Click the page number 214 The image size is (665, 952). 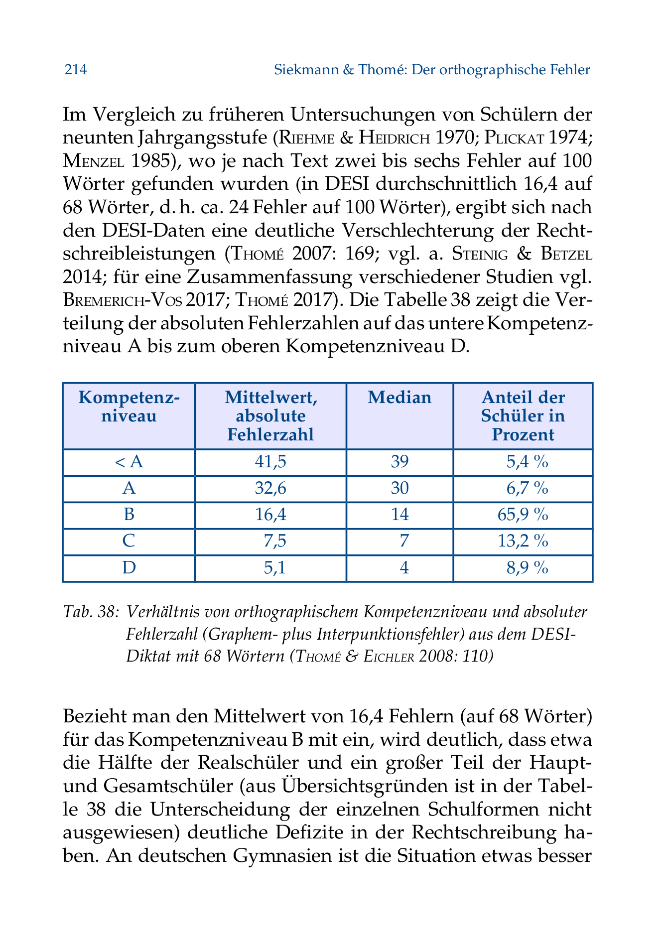pyautogui.click(x=76, y=70)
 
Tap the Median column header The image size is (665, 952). pyautogui.click(x=399, y=398)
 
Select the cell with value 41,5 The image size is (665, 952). pyautogui.click(x=270, y=462)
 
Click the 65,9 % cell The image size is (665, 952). pyautogui.click(x=523, y=515)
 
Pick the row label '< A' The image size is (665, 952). pyautogui.click(x=129, y=462)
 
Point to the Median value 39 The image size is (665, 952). pyautogui.click(x=399, y=462)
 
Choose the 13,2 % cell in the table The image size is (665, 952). pyautogui.click(x=523, y=541)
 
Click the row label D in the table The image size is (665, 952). pyautogui.click(x=129, y=567)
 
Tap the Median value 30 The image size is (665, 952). pyautogui.click(x=399, y=488)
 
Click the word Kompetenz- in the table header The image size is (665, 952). pyautogui.click(x=129, y=398)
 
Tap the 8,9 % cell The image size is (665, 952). pyautogui.click(x=527, y=567)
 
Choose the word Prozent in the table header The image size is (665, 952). pyautogui.click(x=523, y=435)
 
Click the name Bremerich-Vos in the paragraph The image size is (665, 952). pyautogui.click(x=124, y=300)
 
